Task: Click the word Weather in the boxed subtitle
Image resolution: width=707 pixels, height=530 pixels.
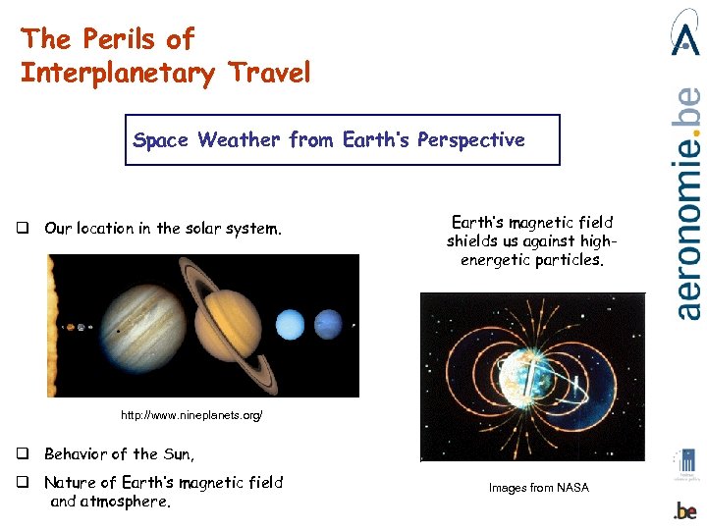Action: point(239,140)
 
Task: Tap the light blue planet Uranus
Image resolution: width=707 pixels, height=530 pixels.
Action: point(292,324)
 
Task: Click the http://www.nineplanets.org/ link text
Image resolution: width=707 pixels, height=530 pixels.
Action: point(191,416)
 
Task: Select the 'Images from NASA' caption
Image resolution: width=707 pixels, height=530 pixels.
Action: point(539,488)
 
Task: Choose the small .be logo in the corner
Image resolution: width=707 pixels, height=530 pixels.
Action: point(685,510)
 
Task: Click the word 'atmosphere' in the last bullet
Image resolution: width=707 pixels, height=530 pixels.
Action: point(127,502)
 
